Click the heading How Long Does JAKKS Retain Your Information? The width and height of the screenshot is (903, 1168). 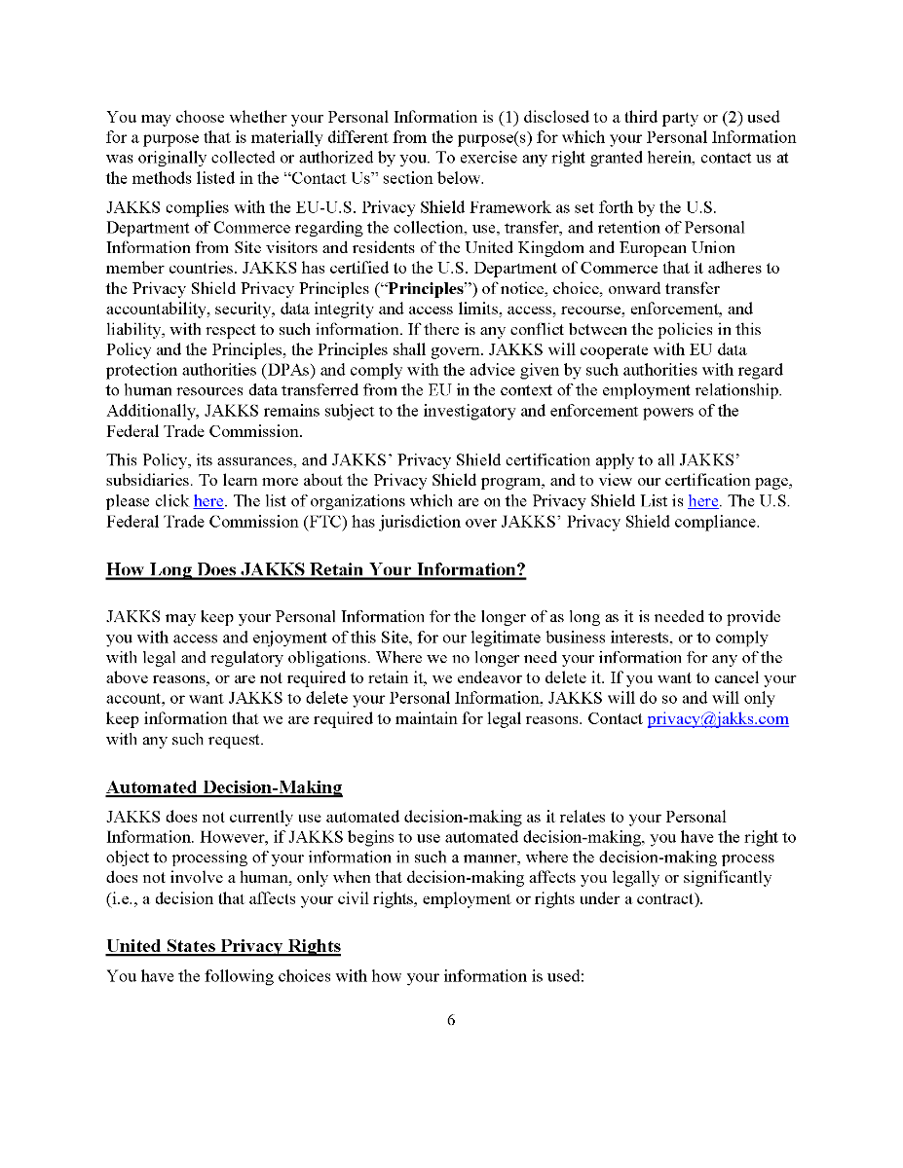pyautogui.click(x=316, y=570)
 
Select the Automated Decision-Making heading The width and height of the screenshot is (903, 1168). pyautogui.click(x=224, y=787)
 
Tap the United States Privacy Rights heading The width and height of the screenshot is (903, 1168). pyautogui.click(x=223, y=946)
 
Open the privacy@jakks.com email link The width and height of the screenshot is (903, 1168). pyautogui.click(x=718, y=719)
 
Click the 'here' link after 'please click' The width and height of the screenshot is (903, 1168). pyautogui.click(x=208, y=501)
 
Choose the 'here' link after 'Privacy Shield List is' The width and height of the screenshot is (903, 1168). pyautogui.click(x=703, y=501)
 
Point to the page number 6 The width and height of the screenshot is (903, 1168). pyautogui.click(x=451, y=1020)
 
